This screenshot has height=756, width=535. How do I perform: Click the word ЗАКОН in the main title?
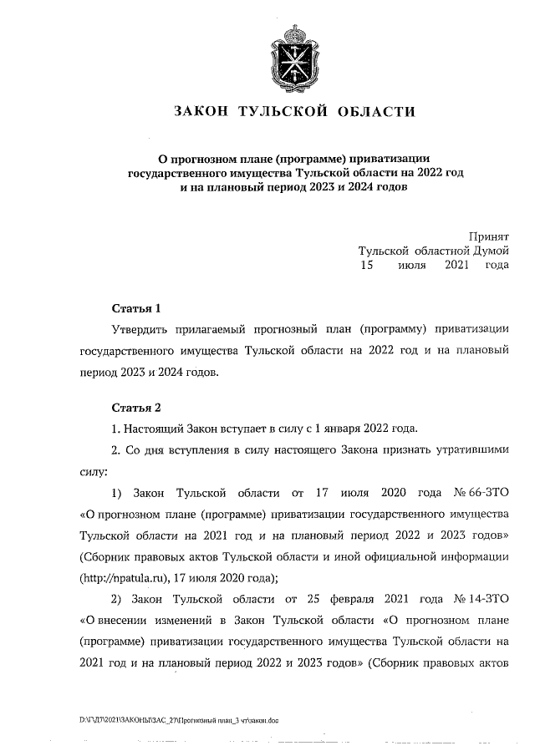203,112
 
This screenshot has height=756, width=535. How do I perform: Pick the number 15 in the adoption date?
365,265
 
